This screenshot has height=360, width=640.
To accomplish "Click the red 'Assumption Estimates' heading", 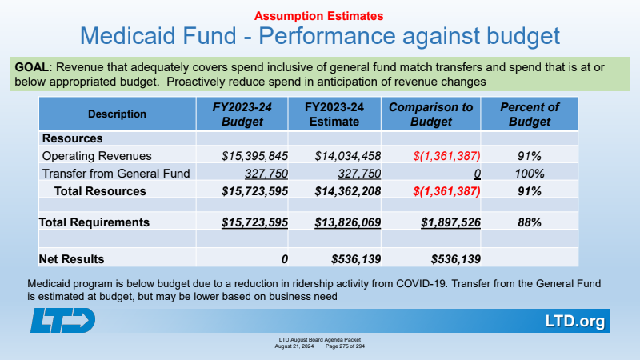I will tap(320, 15).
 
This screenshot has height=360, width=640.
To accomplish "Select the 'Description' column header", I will tap(117, 114).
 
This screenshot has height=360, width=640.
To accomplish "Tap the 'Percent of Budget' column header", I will tap(529, 114).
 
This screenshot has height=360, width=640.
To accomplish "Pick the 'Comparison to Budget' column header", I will tap(430, 114).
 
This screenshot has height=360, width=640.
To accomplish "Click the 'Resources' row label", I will tap(72, 138).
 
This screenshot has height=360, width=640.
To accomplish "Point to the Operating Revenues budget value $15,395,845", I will tap(243, 156).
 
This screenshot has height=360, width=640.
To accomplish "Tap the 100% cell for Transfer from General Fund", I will tap(529, 174).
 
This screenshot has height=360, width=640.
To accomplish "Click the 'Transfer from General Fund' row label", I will tap(116, 174).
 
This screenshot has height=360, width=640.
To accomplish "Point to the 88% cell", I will tap(529, 222).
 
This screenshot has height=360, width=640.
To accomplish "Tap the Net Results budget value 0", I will tap(284, 258).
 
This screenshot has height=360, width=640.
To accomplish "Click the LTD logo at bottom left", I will tap(64, 320).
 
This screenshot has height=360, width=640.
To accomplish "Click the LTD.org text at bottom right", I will tap(574, 322).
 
